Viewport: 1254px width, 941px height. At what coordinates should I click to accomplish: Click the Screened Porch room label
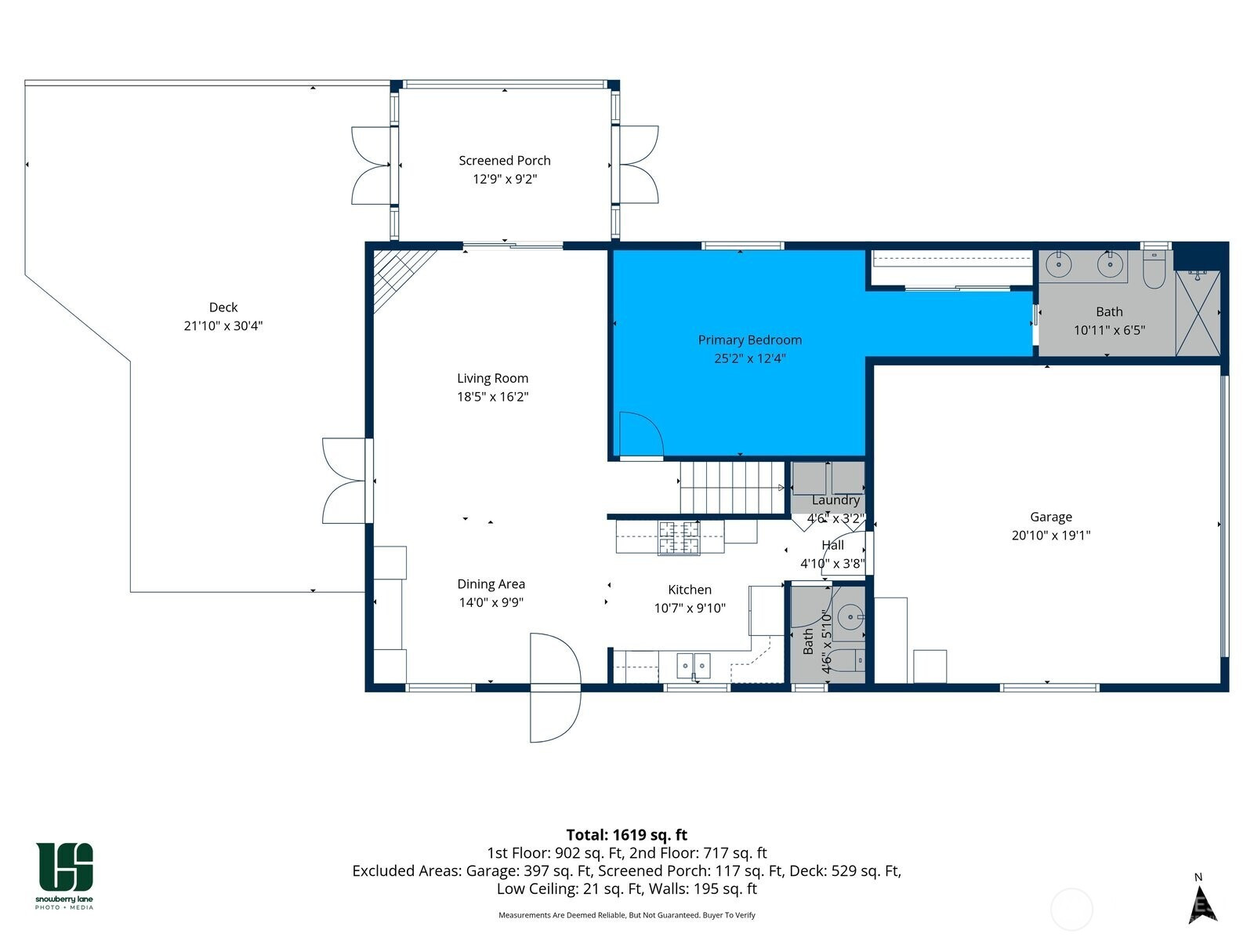click(x=505, y=161)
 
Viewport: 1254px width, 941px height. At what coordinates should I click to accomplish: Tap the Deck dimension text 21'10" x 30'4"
click(x=223, y=325)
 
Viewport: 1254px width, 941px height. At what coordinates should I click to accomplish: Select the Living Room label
click(x=492, y=378)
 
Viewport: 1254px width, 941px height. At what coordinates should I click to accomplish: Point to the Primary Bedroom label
click(x=749, y=340)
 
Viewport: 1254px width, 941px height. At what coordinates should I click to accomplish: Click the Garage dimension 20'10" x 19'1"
click(x=1051, y=536)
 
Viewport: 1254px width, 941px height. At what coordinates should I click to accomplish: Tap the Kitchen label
click(x=690, y=590)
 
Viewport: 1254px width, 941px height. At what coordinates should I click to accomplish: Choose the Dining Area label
click(x=491, y=584)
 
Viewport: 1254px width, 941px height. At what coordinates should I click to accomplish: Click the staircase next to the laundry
click(x=732, y=487)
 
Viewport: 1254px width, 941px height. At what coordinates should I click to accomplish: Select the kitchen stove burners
click(x=679, y=538)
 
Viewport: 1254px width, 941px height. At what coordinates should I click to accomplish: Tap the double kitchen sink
click(x=693, y=666)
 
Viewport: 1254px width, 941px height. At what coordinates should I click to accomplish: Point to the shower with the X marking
click(x=1198, y=313)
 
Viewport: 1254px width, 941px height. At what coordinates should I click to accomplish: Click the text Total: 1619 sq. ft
click(x=626, y=834)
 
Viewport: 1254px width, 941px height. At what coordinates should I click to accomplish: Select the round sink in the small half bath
click(x=850, y=617)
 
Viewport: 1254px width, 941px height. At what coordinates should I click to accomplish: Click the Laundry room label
click(x=835, y=500)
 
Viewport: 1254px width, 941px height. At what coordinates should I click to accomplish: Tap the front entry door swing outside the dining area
click(x=556, y=688)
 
